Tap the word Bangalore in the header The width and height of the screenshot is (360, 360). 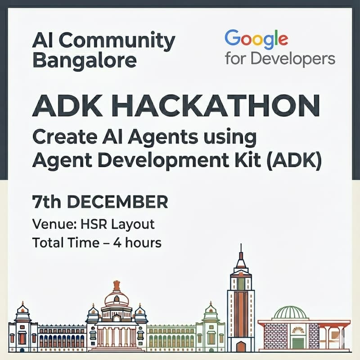[84, 60]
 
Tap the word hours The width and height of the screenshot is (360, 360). [144, 243]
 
